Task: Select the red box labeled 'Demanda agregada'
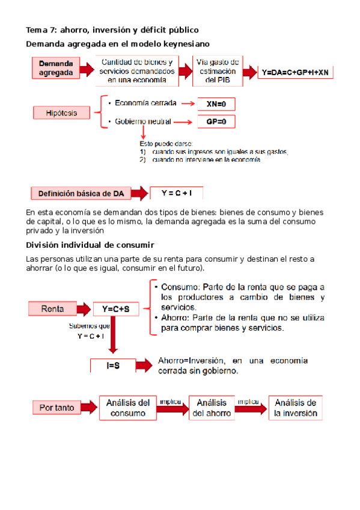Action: tap(56, 68)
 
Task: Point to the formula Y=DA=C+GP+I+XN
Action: tap(296, 72)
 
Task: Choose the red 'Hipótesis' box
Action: tap(58, 112)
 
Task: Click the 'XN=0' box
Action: tap(216, 104)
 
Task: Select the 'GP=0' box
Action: tap(216, 121)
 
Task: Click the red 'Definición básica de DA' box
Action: tap(81, 194)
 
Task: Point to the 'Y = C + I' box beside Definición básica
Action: tap(176, 193)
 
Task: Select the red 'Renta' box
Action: tap(52, 309)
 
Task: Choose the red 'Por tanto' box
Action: tap(57, 407)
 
